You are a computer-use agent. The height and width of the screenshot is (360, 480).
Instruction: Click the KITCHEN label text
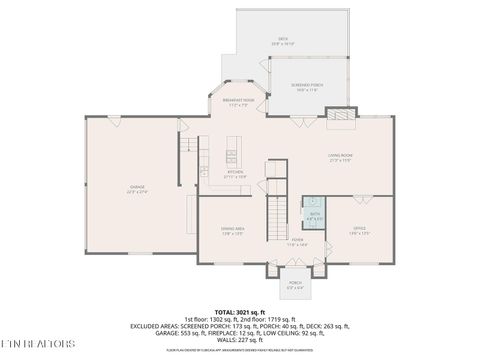234,173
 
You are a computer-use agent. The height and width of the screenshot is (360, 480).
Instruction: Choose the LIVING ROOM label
339,156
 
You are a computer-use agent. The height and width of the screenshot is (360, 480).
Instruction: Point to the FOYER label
297,241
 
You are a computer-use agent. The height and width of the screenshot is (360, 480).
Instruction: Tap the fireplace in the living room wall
341,119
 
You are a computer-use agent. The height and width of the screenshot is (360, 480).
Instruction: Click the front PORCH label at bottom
295,283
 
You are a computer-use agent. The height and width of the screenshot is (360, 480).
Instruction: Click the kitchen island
231,156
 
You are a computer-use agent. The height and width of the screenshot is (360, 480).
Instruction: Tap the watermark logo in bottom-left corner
38,344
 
